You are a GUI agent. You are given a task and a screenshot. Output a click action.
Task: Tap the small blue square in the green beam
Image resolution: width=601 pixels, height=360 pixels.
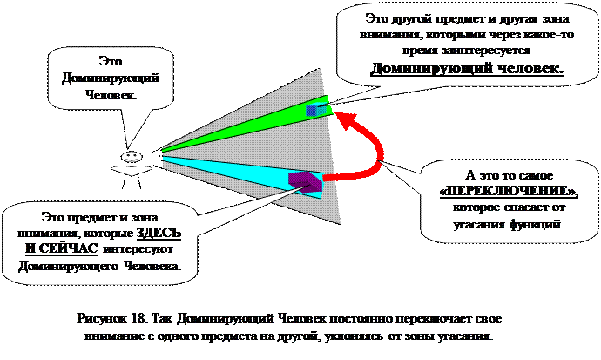(x=312, y=111)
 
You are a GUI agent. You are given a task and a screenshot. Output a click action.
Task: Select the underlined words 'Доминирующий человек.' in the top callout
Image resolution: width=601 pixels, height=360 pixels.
(x=466, y=68)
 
